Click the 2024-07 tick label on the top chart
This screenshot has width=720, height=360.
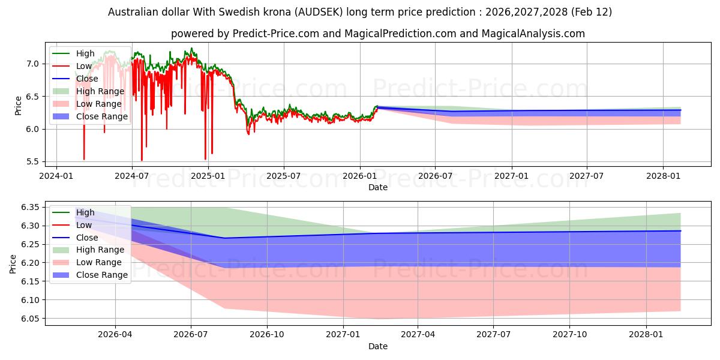click(x=132, y=176)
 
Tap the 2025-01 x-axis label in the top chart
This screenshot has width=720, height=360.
click(x=208, y=176)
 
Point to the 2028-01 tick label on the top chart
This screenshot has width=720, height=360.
click(x=663, y=176)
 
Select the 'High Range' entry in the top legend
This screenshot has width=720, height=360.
click(x=100, y=91)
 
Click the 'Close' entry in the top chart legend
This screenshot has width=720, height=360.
click(x=87, y=79)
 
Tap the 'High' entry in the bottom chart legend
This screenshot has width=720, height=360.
click(x=85, y=212)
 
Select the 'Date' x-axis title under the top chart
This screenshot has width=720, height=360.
click(x=378, y=187)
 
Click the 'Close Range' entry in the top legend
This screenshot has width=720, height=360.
click(x=101, y=116)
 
